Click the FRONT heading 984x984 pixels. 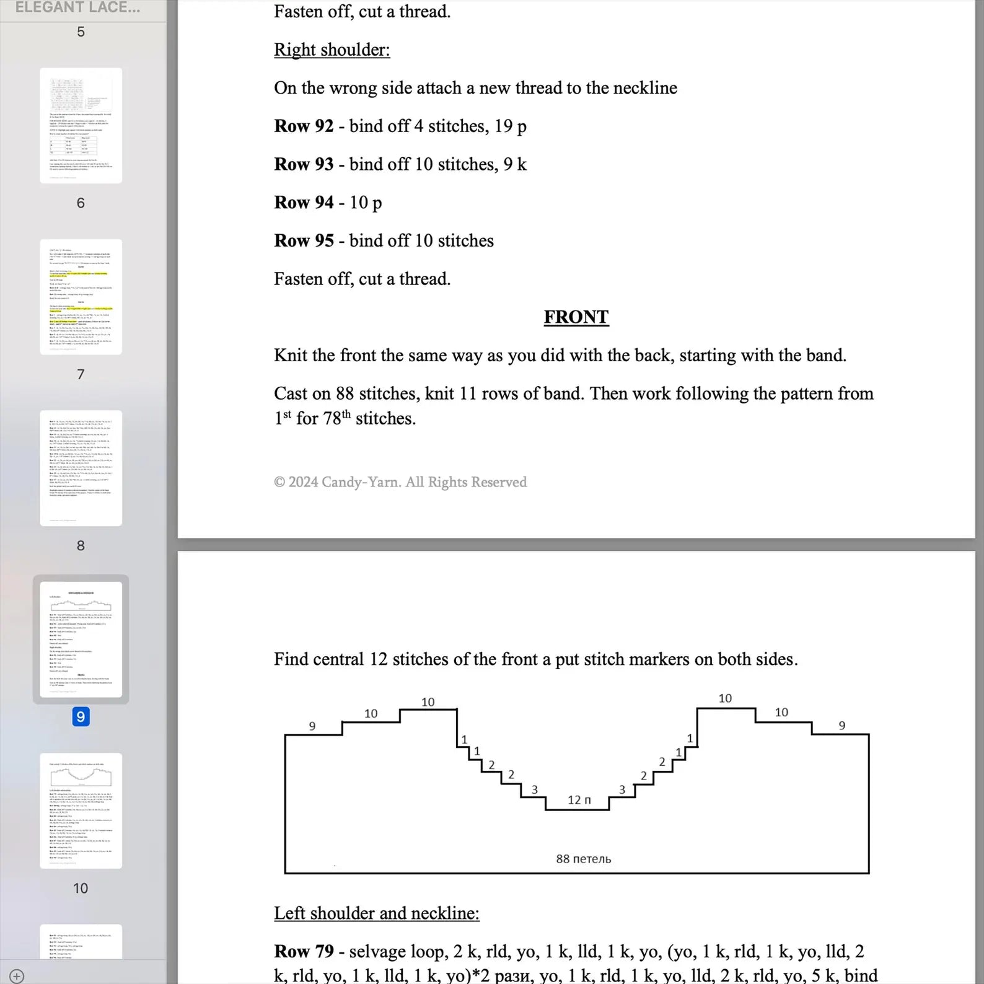click(576, 317)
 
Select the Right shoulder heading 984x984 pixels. click(332, 50)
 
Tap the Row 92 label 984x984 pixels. click(304, 126)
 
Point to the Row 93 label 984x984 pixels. click(304, 164)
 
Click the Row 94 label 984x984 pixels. click(304, 203)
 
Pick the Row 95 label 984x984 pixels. click(304, 241)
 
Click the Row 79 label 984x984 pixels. click(304, 951)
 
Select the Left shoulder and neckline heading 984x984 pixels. click(377, 913)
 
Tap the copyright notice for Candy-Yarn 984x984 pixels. click(400, 482)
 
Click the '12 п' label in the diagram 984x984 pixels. click(579, 800)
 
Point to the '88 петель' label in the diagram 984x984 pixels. click(583, 859)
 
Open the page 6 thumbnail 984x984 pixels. click(81, 126)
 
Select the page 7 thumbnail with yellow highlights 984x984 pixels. click(81, 297)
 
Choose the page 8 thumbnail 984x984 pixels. click(81, 468)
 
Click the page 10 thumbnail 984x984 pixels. click(81, 810)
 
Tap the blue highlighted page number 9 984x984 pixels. click(81, 717)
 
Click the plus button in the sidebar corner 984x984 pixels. click(17, 976)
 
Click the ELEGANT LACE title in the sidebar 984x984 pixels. click(77, 8)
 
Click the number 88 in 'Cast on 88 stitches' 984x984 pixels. click(345, 393)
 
